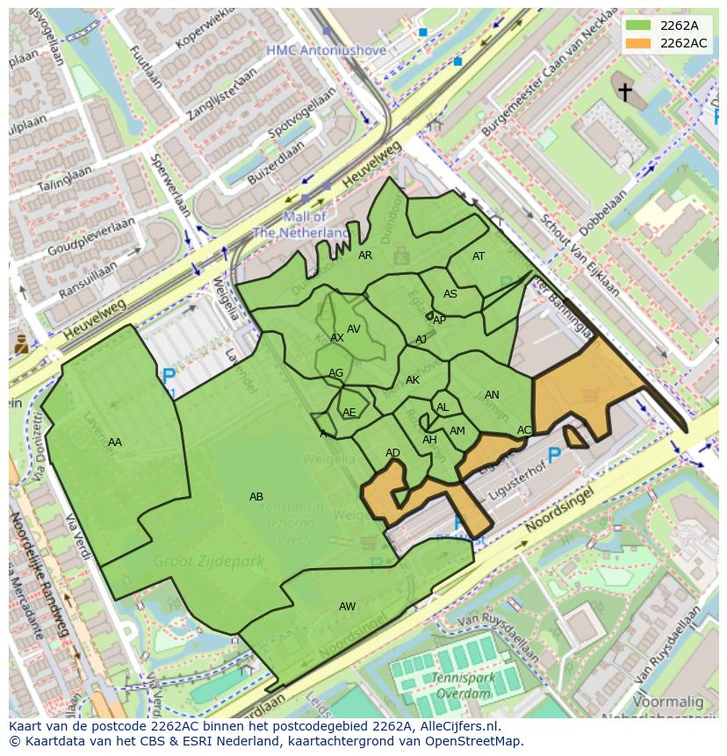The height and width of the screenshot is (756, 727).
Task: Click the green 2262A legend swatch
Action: tap(637, 26)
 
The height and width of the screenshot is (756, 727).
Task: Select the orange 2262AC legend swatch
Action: tap(637, 43)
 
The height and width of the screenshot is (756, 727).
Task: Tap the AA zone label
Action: tap(115, 443)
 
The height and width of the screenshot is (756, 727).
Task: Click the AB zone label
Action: tap(256, 497)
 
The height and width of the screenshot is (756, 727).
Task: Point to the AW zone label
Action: tap(348, 607)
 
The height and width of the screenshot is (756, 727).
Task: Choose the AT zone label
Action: tap(479, 256)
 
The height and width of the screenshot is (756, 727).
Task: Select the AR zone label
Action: tap(365, 256)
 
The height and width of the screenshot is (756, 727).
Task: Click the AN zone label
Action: tap(492, 395)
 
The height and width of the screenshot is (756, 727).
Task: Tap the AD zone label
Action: tap(392, 453)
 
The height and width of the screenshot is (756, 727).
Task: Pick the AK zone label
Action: tap(413, 380)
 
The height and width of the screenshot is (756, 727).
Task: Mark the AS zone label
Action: tap(450, 294)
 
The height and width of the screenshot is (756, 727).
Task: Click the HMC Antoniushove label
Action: tap(326, 51)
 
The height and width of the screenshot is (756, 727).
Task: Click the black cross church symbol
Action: tap(624, 91)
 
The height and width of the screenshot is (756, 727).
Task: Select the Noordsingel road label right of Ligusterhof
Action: tap(559, 512)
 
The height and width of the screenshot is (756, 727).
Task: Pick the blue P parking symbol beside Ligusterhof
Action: tap(554, 455)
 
